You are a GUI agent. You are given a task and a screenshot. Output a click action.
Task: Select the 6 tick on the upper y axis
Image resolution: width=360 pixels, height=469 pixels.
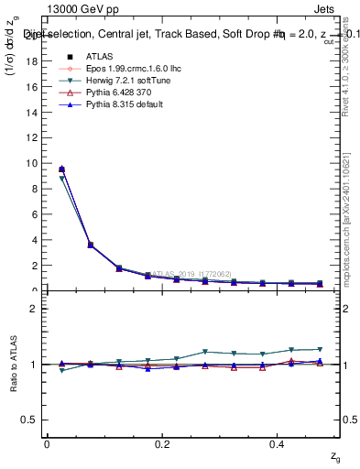tap(35, 214)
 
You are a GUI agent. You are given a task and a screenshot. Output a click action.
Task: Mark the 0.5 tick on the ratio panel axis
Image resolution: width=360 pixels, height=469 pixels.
tap(31, 420)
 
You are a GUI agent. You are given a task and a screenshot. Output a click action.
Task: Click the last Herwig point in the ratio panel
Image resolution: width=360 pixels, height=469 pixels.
tap(320, 349)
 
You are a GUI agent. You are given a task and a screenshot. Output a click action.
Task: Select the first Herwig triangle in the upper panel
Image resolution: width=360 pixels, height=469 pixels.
tap(61, 179)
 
